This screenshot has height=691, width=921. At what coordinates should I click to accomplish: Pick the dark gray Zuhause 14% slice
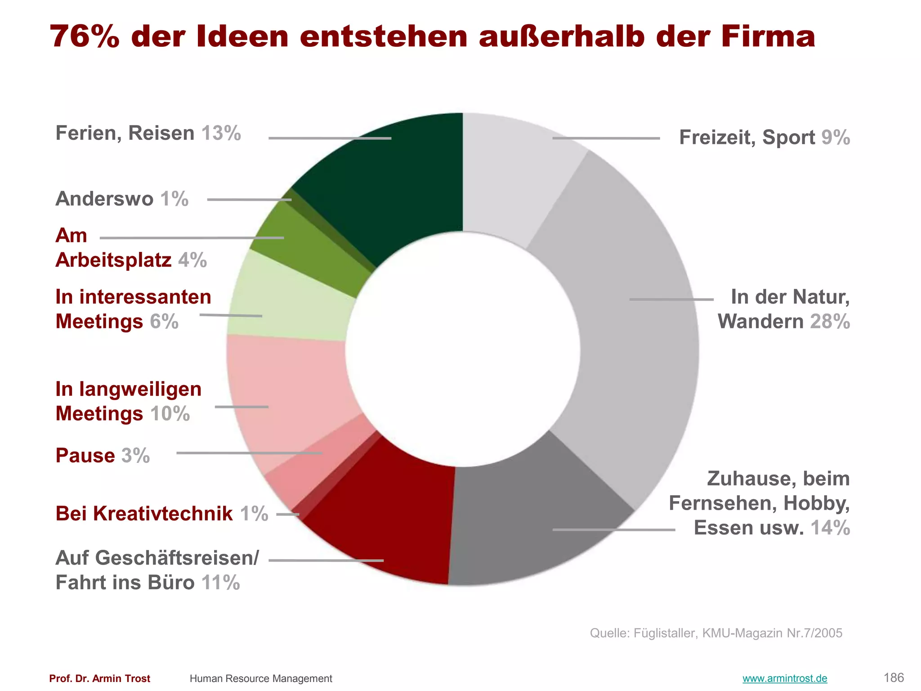click(531, 522)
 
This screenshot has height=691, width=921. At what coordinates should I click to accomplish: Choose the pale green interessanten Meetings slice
click(292, 301)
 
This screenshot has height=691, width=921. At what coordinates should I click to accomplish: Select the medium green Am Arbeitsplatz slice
click(315, 252)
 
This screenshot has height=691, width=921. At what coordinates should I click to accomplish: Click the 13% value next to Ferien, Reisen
click(221, 133)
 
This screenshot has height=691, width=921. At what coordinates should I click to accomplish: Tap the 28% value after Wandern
click(830, 322)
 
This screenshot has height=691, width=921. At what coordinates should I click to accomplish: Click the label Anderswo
click(104, 199)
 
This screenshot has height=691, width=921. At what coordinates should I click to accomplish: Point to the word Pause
click(85, 455)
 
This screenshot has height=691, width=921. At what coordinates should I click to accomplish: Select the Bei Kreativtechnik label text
click(144, 513)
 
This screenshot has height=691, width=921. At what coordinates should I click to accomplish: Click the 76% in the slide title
click(85, 37)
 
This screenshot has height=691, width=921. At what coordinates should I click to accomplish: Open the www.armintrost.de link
click(784, 678)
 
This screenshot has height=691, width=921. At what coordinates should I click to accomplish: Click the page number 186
click(893, 678)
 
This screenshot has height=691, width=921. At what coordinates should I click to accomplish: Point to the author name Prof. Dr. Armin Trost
click(99, 678)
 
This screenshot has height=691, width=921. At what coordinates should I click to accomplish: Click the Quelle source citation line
click(716, 633)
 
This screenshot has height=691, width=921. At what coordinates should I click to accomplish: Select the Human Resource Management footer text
click(261, 678)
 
